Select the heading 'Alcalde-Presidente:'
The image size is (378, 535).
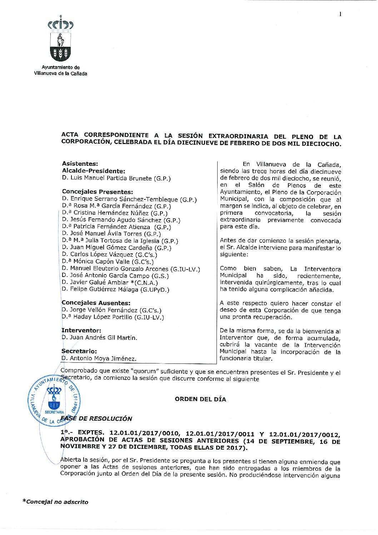coord(93,171)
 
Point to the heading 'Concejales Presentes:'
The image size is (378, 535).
coord(97,192)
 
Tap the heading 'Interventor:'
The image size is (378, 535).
coord(81,331)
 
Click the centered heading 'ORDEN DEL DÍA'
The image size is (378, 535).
coord(200,399)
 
